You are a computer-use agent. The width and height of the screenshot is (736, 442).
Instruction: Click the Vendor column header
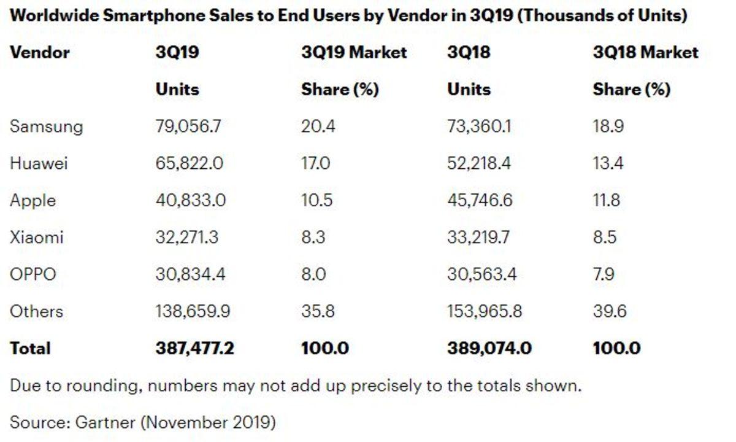tap(40, 52)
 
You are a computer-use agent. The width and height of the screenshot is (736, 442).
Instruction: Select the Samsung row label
tap(46, 126)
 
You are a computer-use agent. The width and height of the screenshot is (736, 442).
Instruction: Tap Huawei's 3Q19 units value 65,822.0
tap(190, 163)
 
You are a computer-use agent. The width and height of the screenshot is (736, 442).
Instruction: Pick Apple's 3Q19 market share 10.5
tap(318, 200)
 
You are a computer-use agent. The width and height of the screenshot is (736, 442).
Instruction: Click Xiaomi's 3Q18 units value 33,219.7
tap(478, 237)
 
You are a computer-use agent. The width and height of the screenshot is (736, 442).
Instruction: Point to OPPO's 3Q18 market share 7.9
tap(605, 274)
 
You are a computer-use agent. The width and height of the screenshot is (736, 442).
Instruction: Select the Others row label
tap(36, 311)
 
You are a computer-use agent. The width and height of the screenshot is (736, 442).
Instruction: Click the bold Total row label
tap(30, 348)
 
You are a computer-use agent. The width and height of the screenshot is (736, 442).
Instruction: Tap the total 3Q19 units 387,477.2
tap(195, 348)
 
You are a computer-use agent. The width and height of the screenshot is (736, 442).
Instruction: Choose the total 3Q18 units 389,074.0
tap(489, 348)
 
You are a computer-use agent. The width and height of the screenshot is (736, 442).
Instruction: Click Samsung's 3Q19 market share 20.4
tap(318, 126)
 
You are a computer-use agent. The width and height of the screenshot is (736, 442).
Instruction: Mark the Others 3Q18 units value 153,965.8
tap(485, 311)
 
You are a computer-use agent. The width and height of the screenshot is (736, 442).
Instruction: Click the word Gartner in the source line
tap(104, 422)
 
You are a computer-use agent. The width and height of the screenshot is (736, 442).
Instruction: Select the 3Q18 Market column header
tap(645, 52)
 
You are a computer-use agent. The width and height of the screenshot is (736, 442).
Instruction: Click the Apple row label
tap(33, 200)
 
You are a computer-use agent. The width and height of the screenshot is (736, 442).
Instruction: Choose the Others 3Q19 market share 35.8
tap(318, 311)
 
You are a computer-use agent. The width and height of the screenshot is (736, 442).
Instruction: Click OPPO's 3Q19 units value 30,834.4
tap(190, 274)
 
